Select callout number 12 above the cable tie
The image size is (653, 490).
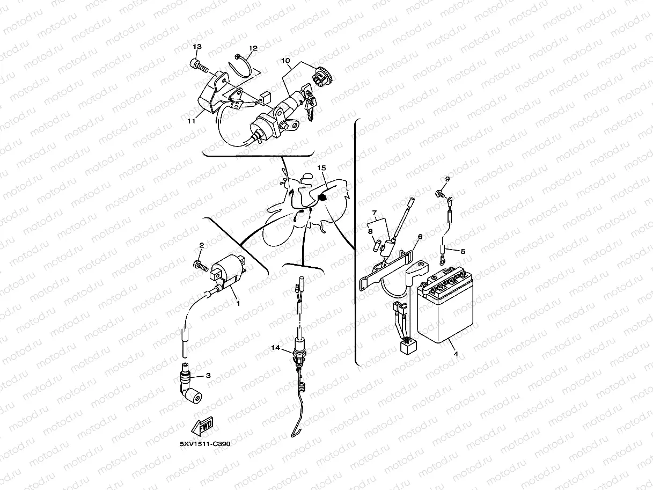click(253, 48)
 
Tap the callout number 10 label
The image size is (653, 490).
click(284, 60)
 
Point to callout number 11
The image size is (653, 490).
click(191, 121)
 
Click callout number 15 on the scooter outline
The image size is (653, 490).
click(321, 168)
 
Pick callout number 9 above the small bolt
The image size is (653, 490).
click(447, 179)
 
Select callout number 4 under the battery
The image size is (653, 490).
click(456, 354)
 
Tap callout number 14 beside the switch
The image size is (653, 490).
click(275, 348)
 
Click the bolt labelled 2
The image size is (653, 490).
click(200, 264)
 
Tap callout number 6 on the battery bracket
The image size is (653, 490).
click(420, 236)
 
